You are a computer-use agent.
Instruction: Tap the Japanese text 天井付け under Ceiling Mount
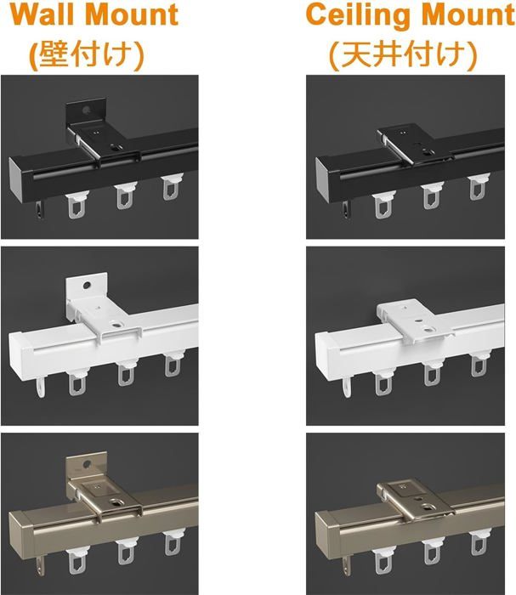(403, 54)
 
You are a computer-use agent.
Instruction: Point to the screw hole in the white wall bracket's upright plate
(87, 285)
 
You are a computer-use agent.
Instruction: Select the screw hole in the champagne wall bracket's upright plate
(88, 464)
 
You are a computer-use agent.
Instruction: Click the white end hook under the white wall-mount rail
(41, 387)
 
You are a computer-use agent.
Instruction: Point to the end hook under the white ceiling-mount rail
(346, 387)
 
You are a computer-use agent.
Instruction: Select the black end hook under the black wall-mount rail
(40, 210)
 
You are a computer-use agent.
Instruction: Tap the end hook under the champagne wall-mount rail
(41, 566)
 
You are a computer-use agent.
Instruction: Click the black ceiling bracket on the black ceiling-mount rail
(416, 146)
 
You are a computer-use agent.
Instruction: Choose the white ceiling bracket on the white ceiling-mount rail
(416, 320)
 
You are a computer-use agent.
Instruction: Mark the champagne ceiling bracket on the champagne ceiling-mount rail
(416, 500)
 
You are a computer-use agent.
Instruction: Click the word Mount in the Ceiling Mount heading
(468, 14)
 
